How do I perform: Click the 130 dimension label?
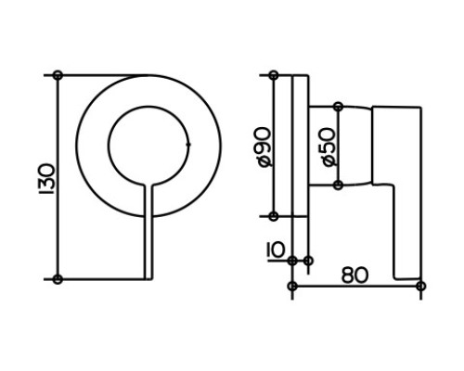[47, 179]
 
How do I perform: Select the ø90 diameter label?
[264, 147]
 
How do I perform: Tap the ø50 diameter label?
[328, 147]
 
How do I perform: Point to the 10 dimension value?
[276, 250]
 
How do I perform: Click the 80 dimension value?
[355, 275]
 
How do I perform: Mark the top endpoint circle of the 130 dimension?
[58, 75]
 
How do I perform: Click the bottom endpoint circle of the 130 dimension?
[58, 279]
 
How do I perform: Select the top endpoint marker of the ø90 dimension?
[274, 75]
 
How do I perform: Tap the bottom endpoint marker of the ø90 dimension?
[274, 216]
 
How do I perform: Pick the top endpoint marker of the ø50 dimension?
[339, 107]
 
